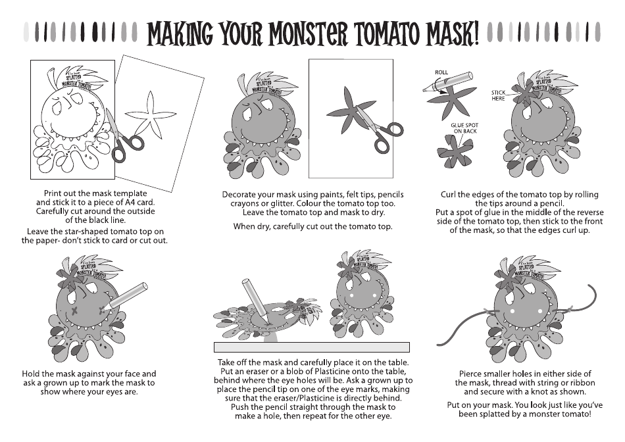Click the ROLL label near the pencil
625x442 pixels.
coord(440,71)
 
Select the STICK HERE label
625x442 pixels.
coord(498,95)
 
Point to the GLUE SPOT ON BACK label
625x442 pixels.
coord(466,128)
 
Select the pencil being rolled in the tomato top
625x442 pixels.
coord(450,81)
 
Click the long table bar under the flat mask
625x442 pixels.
coord(312,347)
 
